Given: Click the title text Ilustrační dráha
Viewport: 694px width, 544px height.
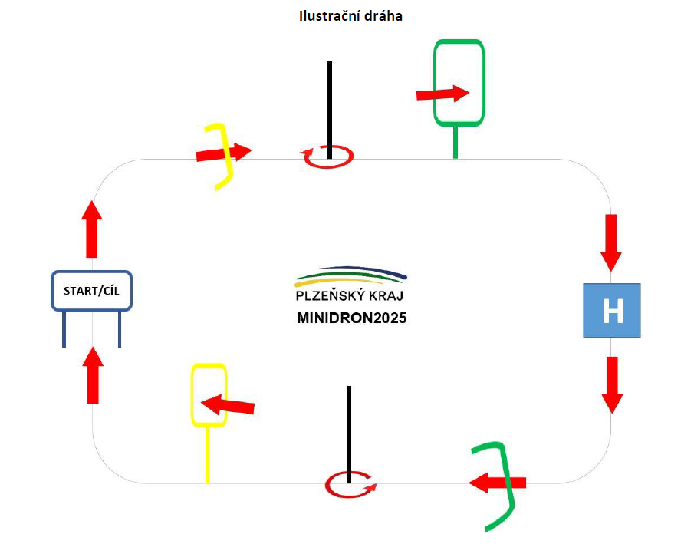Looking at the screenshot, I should tap(350, 16).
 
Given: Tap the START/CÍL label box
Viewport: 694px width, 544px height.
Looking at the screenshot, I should tap(92, 291).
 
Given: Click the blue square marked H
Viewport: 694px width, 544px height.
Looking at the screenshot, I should tap(611, 311).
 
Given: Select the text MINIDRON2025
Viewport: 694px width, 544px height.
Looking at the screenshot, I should tap(351, 318).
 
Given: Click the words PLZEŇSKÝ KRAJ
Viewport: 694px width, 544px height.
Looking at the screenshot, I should tap(350, 295).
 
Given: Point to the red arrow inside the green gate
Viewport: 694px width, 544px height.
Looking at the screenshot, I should tap(442, 94).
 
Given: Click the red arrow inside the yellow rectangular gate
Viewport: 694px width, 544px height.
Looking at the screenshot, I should tap(227, 404).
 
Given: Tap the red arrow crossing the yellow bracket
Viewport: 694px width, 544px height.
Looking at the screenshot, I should tap(224, 153).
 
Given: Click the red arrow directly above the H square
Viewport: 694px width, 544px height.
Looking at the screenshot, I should tap(611, 242).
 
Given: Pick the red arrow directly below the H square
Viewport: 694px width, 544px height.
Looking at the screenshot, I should tap(611, 384).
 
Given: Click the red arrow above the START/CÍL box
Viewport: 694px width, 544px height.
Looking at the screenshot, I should tap(92, 229).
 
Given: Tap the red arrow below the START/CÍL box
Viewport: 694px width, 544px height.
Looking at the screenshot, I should tap(92, 374).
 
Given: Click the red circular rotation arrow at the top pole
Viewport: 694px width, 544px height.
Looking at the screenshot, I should tap(329, 157).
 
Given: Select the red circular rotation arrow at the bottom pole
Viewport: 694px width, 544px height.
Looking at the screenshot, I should tap(350, 485).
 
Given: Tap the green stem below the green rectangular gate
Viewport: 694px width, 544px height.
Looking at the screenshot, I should tap(456, 142).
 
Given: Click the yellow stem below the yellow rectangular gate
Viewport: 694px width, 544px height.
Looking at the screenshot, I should tap(208, 454).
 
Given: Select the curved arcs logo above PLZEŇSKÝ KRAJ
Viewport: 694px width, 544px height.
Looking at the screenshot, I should tap(351, 274).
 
